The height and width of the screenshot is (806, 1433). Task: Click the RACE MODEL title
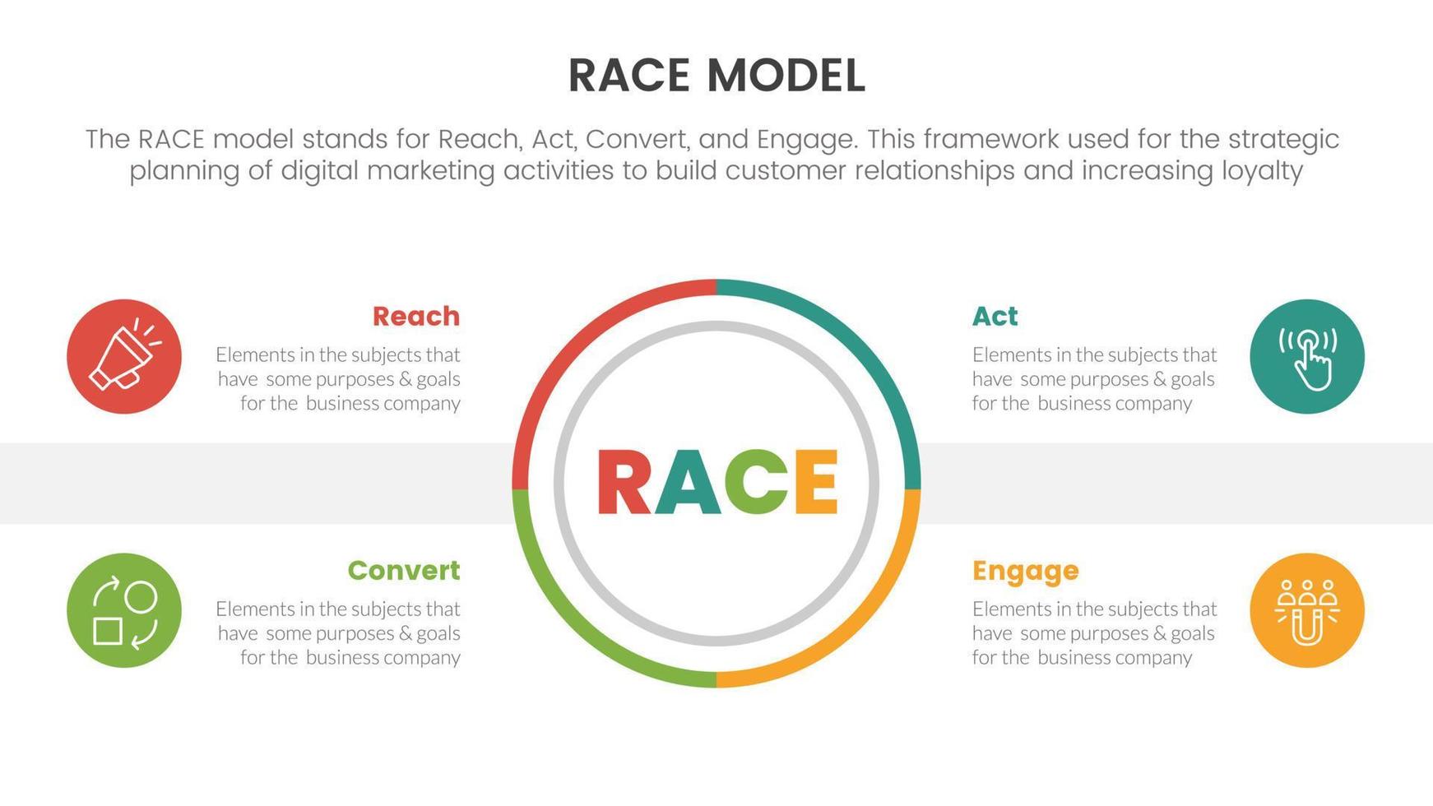pos(716,76)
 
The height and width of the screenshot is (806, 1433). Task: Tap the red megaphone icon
pos(124,356)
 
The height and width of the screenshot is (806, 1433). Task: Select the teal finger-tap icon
pos(1306,356)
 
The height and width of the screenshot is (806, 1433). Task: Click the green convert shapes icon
pos(124,610)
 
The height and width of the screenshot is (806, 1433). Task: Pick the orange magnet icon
pos(1306,610)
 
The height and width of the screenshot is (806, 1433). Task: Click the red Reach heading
pos(415,316)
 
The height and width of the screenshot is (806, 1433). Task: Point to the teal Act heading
pos(995,316)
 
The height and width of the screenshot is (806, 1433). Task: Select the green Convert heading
pos(403,570)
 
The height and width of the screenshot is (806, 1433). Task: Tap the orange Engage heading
pos(1025,571)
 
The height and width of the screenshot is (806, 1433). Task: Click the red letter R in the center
pos(623,483)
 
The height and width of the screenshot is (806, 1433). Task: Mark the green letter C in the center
pos(757,483)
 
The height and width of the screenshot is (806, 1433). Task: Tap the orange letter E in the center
pos(816,483)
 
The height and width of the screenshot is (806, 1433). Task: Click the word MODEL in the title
pos(786,76)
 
